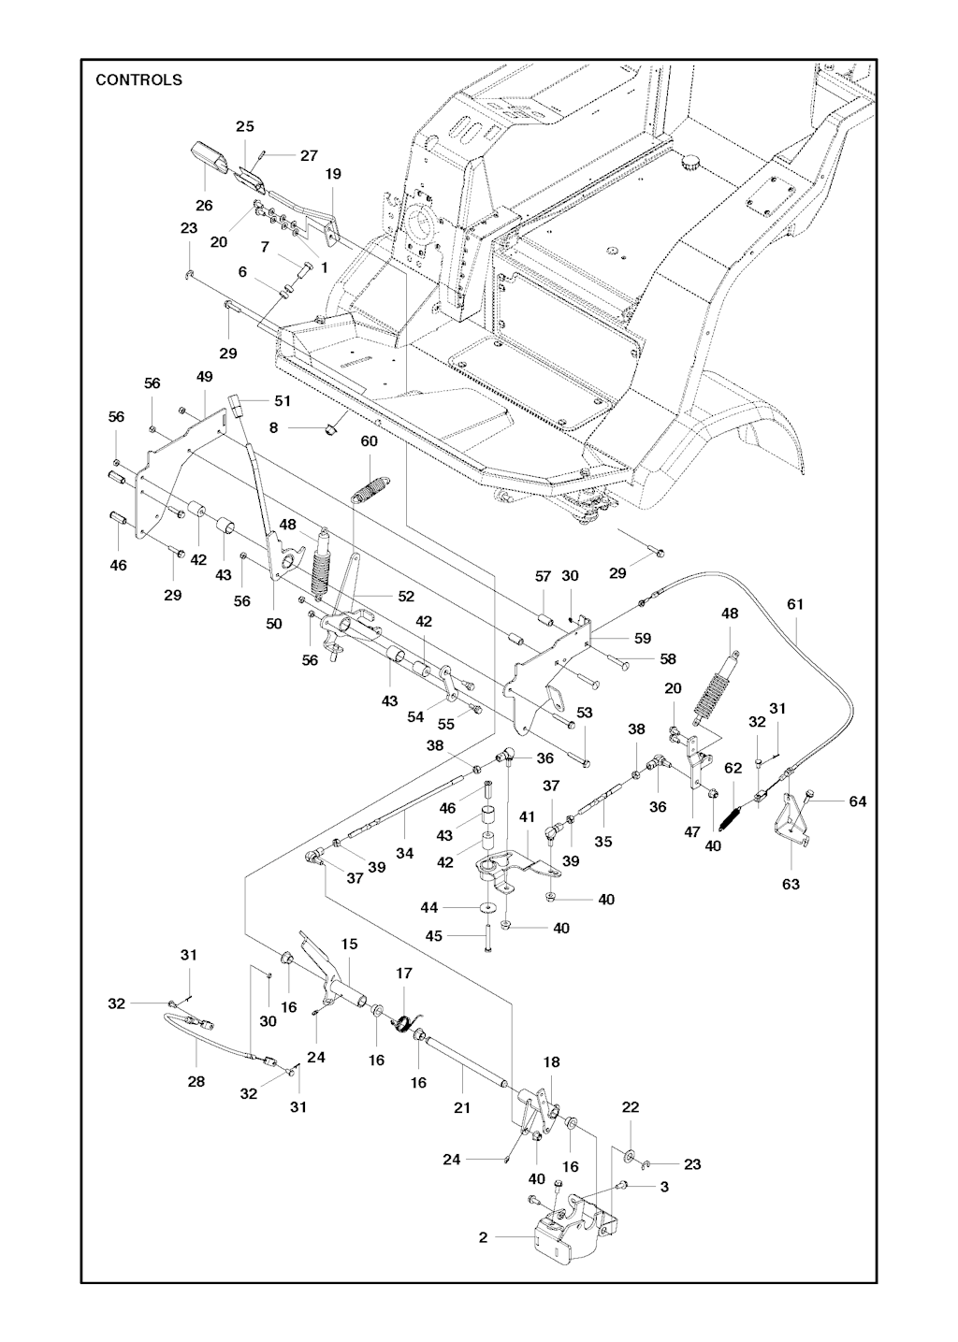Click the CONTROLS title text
point(138,80)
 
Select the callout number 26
point(204,206)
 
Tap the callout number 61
point(794,605)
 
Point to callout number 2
point(483,1237)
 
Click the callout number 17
point(403,974)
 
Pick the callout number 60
point(369,441)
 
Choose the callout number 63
point(791,883)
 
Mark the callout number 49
point(205,376)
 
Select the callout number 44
point(429,908)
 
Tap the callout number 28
point(196,1081)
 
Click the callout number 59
point(643,639)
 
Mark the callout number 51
point(283,400)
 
